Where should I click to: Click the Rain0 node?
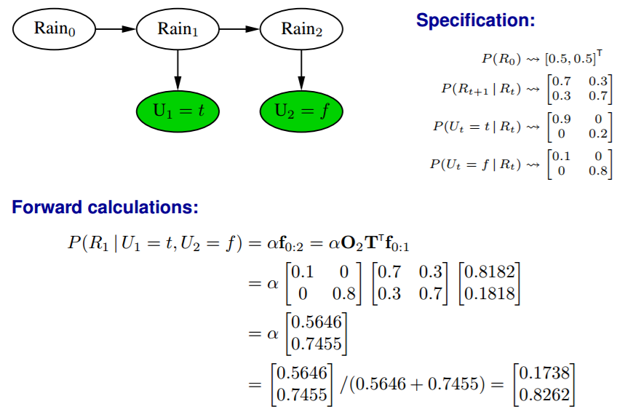click(x=54, y=29)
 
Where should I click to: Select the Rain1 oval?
click(x=178, y=29)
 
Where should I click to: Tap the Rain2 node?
click(x=300, y=29)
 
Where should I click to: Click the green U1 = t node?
click(x=178, y=111)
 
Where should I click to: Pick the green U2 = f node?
click(x=301, y=111)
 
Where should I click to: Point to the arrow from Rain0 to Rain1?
click(x=116, y=29)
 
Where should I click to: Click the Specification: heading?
click(x=475, y=20)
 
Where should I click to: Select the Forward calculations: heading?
click(x=105, y=207)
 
